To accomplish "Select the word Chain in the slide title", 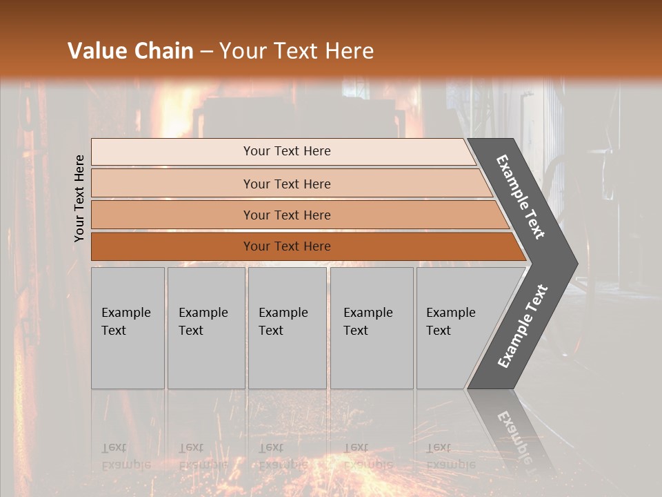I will pos(163,51).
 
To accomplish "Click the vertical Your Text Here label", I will pos(79,198).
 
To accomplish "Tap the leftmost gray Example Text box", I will pos(128,328).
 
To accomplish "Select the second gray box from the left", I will pos(206,328).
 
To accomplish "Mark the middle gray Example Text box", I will pos(287,328).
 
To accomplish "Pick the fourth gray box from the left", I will pos(372,328).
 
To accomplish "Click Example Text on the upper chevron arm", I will pos(521,197).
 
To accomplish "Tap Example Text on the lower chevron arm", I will pos(523,326).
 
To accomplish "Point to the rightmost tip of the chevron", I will pos(577,264).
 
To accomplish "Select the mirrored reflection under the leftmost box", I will pos(126,456).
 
